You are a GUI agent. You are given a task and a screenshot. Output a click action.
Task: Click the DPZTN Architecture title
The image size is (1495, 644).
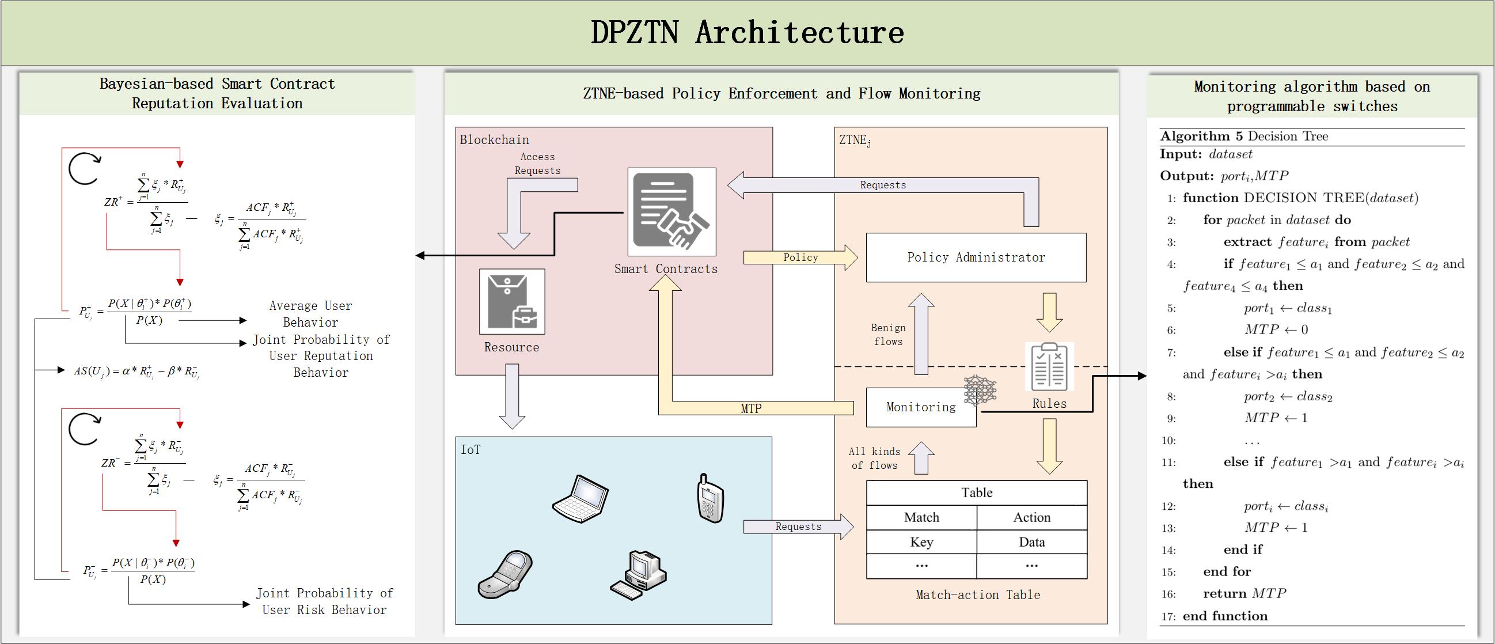[x=747, y=32]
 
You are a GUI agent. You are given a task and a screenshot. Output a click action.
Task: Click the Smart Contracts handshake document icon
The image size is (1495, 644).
[x=671, y=212]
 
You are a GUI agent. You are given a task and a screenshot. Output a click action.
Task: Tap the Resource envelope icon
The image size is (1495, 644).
[x=511, y=301]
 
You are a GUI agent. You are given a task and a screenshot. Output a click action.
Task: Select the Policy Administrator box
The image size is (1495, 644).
[x=976, y=258]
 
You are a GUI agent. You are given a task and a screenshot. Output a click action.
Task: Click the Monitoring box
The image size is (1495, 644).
[x=920, y=407]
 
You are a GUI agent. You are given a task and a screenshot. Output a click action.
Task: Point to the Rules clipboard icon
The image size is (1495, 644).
[x=1049, y=367]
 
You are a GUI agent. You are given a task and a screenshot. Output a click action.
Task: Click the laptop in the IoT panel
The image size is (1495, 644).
[x=580, y=499]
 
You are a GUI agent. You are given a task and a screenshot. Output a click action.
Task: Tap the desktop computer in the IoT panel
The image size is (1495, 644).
[x=639, y=574]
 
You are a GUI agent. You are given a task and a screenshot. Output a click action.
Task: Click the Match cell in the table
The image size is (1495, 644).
[x=921, y=517]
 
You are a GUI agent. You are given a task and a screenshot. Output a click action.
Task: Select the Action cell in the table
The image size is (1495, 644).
[x=1031, y=517]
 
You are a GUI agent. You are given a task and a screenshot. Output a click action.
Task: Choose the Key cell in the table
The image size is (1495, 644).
[x=921, y=542]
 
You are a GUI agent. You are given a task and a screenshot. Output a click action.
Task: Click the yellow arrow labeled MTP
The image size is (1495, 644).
[x=751, y=408]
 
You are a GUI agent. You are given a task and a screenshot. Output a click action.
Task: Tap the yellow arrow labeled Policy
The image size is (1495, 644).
[x=800, y=257]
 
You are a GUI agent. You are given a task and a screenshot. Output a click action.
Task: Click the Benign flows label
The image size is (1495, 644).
[x=888, y=335]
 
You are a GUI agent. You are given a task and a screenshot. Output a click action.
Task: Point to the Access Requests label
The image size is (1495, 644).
[x=537, y=163]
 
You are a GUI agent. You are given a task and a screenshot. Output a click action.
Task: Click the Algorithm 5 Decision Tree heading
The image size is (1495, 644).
[x=1244, y=137]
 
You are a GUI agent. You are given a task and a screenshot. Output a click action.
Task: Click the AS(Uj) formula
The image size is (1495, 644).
[x=136, y=372]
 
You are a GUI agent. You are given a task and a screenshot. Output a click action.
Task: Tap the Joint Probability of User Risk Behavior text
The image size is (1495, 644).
[x=324, y=601]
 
